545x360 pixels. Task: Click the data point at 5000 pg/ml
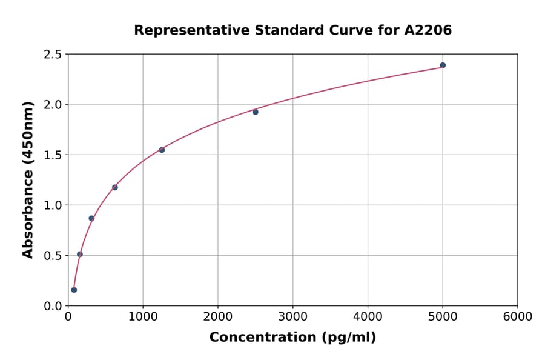coord(443,65)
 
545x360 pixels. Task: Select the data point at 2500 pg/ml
coord(256,112)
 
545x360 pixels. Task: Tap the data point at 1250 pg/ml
coord(162,150)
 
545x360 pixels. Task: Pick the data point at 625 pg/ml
coord(115,187)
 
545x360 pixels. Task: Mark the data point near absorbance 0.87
coord(91,218)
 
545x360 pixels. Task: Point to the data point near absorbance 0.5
coord(80,254)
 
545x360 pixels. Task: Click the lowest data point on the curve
coord(74,290)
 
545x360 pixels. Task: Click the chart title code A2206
coord(428,30)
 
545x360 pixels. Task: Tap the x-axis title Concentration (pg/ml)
coord(292,338)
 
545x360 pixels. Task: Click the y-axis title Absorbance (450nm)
coord(28,180)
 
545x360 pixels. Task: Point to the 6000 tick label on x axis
coord(518,317)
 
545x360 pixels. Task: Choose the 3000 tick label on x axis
coord(292,317)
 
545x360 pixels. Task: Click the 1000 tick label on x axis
coord(143,317)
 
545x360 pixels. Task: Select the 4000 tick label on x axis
coord(368,317)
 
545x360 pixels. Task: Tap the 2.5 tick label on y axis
coord(53,55)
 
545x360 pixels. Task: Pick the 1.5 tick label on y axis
coord(53,155)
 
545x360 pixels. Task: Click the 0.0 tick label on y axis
coord(53,306)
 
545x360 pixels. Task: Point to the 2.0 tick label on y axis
coord(53,105)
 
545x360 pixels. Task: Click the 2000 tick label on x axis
coord(218,317)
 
